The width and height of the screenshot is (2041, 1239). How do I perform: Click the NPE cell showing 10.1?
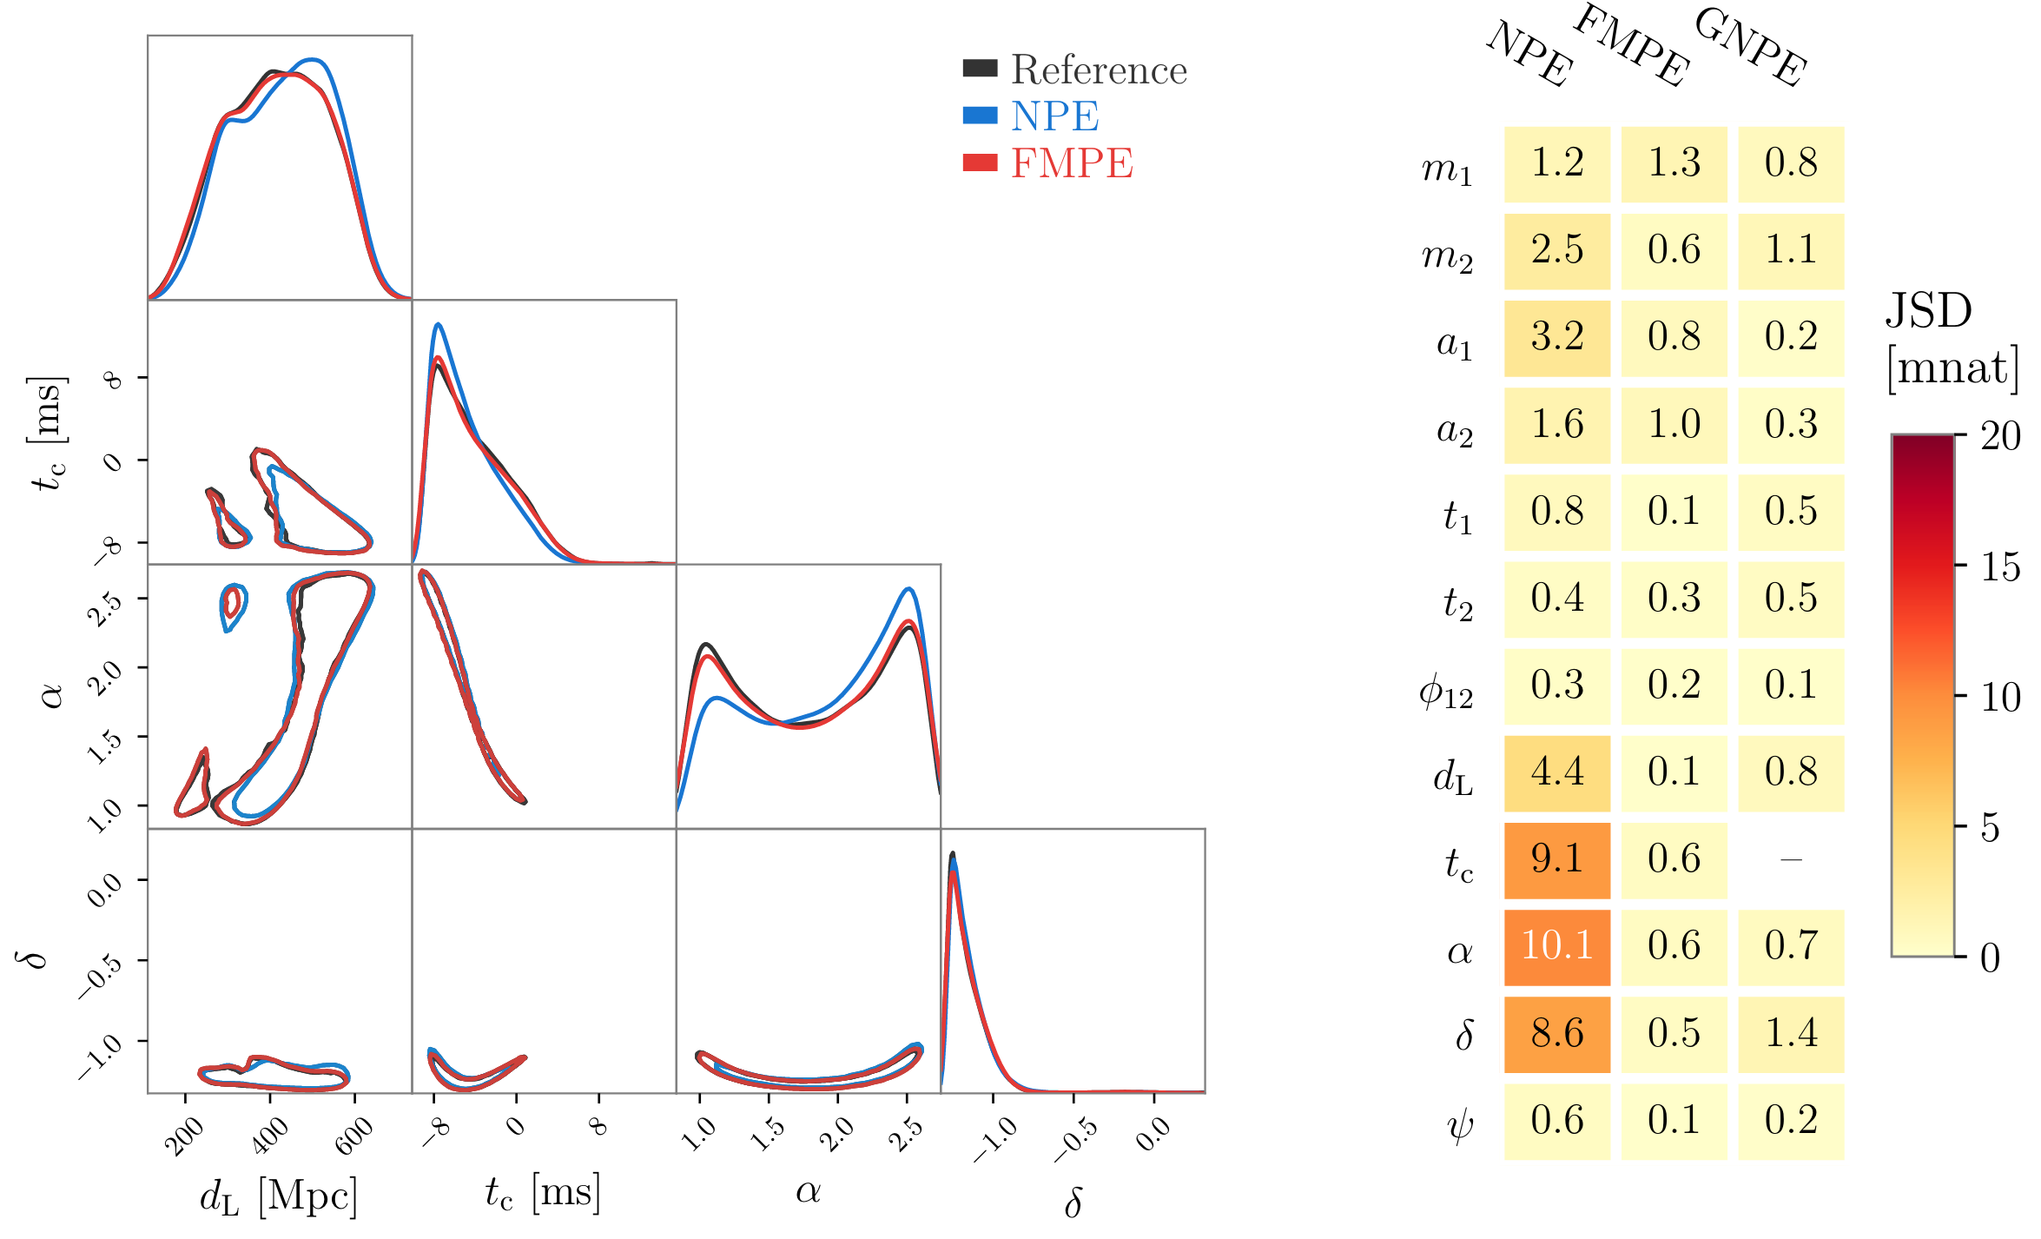[1556, 946]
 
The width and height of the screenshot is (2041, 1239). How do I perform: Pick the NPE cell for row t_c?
[1556, 859]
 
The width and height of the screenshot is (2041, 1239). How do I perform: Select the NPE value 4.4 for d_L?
[1556, 772]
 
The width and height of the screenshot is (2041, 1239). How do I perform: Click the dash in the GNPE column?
[1791, 859]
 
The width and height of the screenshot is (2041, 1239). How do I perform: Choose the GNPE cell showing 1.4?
[1791, 1033]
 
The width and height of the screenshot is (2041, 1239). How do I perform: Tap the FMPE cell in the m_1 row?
[1674, 163]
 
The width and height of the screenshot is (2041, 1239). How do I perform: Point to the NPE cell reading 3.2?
[1556, 337]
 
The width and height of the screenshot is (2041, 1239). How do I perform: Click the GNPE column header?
[1751, 47]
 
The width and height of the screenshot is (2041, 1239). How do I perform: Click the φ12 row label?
[1446, 691]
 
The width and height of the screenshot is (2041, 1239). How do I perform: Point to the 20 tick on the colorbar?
[2000, 436]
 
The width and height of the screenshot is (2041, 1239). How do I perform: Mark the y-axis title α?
[52, 695]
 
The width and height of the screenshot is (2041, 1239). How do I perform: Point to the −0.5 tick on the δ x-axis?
[1076, 1138]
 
